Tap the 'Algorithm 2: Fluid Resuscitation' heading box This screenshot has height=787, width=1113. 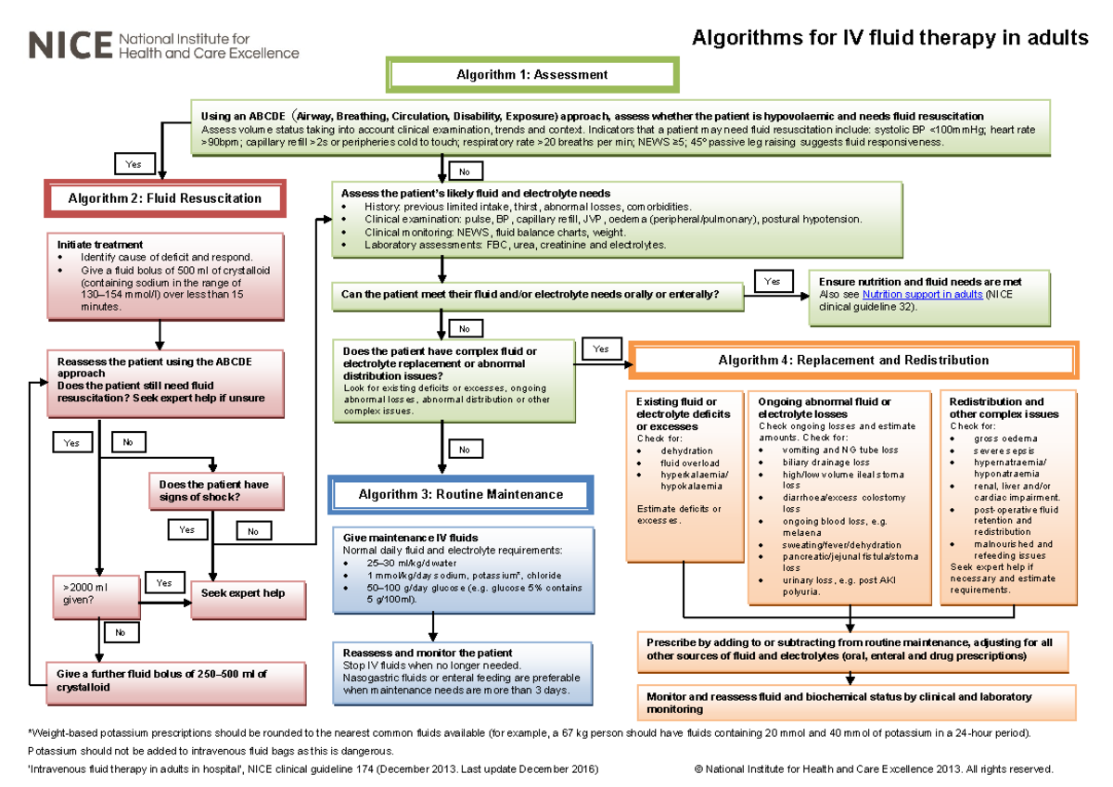165,198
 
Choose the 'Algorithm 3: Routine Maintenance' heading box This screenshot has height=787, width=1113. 460,494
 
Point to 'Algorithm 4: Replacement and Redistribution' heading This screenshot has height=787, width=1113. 853,360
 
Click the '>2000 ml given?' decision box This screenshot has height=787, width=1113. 94,594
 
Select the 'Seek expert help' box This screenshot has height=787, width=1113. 248,592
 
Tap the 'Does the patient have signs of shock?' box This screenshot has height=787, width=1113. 215,490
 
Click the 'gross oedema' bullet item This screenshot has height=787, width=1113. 1005,438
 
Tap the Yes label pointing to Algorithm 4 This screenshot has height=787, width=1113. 601,349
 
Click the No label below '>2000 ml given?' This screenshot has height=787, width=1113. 120,632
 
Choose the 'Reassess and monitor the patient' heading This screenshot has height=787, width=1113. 427,653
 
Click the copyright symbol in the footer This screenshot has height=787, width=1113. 697,769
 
